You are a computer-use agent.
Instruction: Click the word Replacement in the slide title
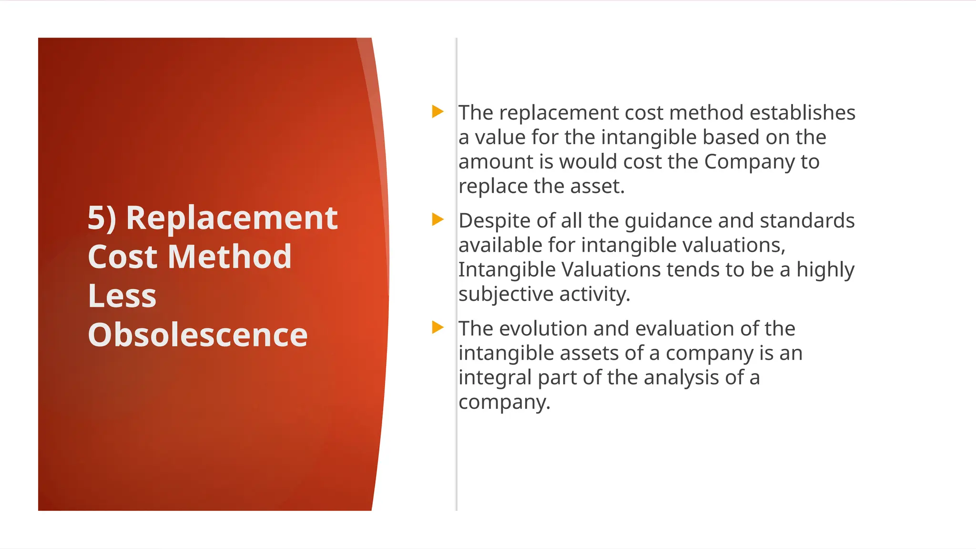coord(232,218)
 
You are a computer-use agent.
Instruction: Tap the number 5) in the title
coord(102,218)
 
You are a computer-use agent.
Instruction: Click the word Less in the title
coord(122,296)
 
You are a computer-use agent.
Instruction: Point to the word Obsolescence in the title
coord(198,335)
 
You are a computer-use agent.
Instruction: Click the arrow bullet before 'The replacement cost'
coord(437,112)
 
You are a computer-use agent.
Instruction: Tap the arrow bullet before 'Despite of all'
coord(437,220)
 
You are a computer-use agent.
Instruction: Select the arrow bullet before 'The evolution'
coord(437,327)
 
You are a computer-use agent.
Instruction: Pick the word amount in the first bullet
coord(496,162)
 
